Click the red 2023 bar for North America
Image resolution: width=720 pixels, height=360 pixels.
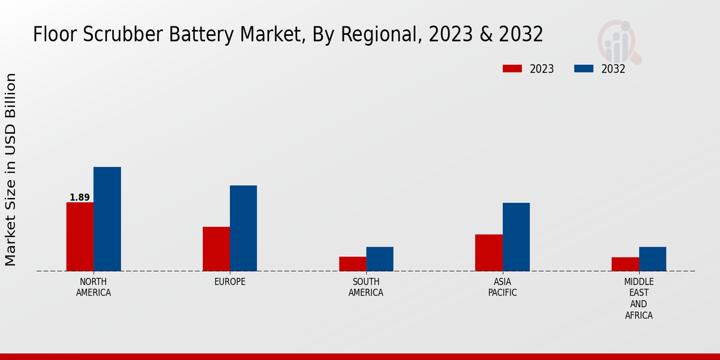click(80, 236)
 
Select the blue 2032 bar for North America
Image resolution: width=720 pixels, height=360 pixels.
click(107, 219)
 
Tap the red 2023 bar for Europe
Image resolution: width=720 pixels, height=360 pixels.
click(216, 249)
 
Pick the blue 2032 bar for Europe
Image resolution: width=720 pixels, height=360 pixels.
click(243, 228)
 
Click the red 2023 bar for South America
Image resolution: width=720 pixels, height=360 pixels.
click(352, 264)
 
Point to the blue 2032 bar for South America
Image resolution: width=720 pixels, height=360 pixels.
click(380, 259)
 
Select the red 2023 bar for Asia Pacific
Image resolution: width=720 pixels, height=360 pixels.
click(488, 253)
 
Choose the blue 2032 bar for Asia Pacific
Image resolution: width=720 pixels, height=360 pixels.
click(516, 237)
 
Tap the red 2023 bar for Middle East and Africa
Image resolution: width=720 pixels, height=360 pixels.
click(625, 264)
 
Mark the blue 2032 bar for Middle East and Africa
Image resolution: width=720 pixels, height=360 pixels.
click(652, 259)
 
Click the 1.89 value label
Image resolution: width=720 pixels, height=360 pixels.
click(80, 197)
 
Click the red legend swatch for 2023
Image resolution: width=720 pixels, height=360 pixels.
click(512, 69)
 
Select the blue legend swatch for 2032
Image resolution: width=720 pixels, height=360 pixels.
click(584, 69)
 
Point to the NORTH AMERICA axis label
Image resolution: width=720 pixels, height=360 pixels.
click(94, 287)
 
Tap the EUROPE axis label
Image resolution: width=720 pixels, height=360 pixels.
click(230, 282)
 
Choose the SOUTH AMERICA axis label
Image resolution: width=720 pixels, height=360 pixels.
click(366, 287)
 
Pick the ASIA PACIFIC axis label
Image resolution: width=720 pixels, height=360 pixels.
click(503, 287)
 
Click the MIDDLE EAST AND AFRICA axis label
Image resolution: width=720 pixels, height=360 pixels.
click(639, 298)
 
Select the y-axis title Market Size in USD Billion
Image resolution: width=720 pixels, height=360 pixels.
click(11, 170)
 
